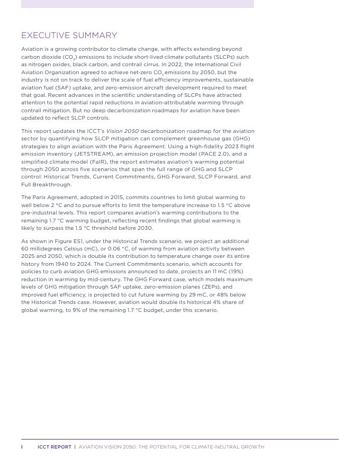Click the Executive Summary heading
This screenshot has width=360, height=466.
(69, 35)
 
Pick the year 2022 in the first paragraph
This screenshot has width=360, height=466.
(177, 64)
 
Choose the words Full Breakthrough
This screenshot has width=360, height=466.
(46, 184)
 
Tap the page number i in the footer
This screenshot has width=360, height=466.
(22, 447)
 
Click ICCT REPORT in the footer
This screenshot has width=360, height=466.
(54, 447)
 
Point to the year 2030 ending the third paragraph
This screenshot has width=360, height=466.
(145, 228)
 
